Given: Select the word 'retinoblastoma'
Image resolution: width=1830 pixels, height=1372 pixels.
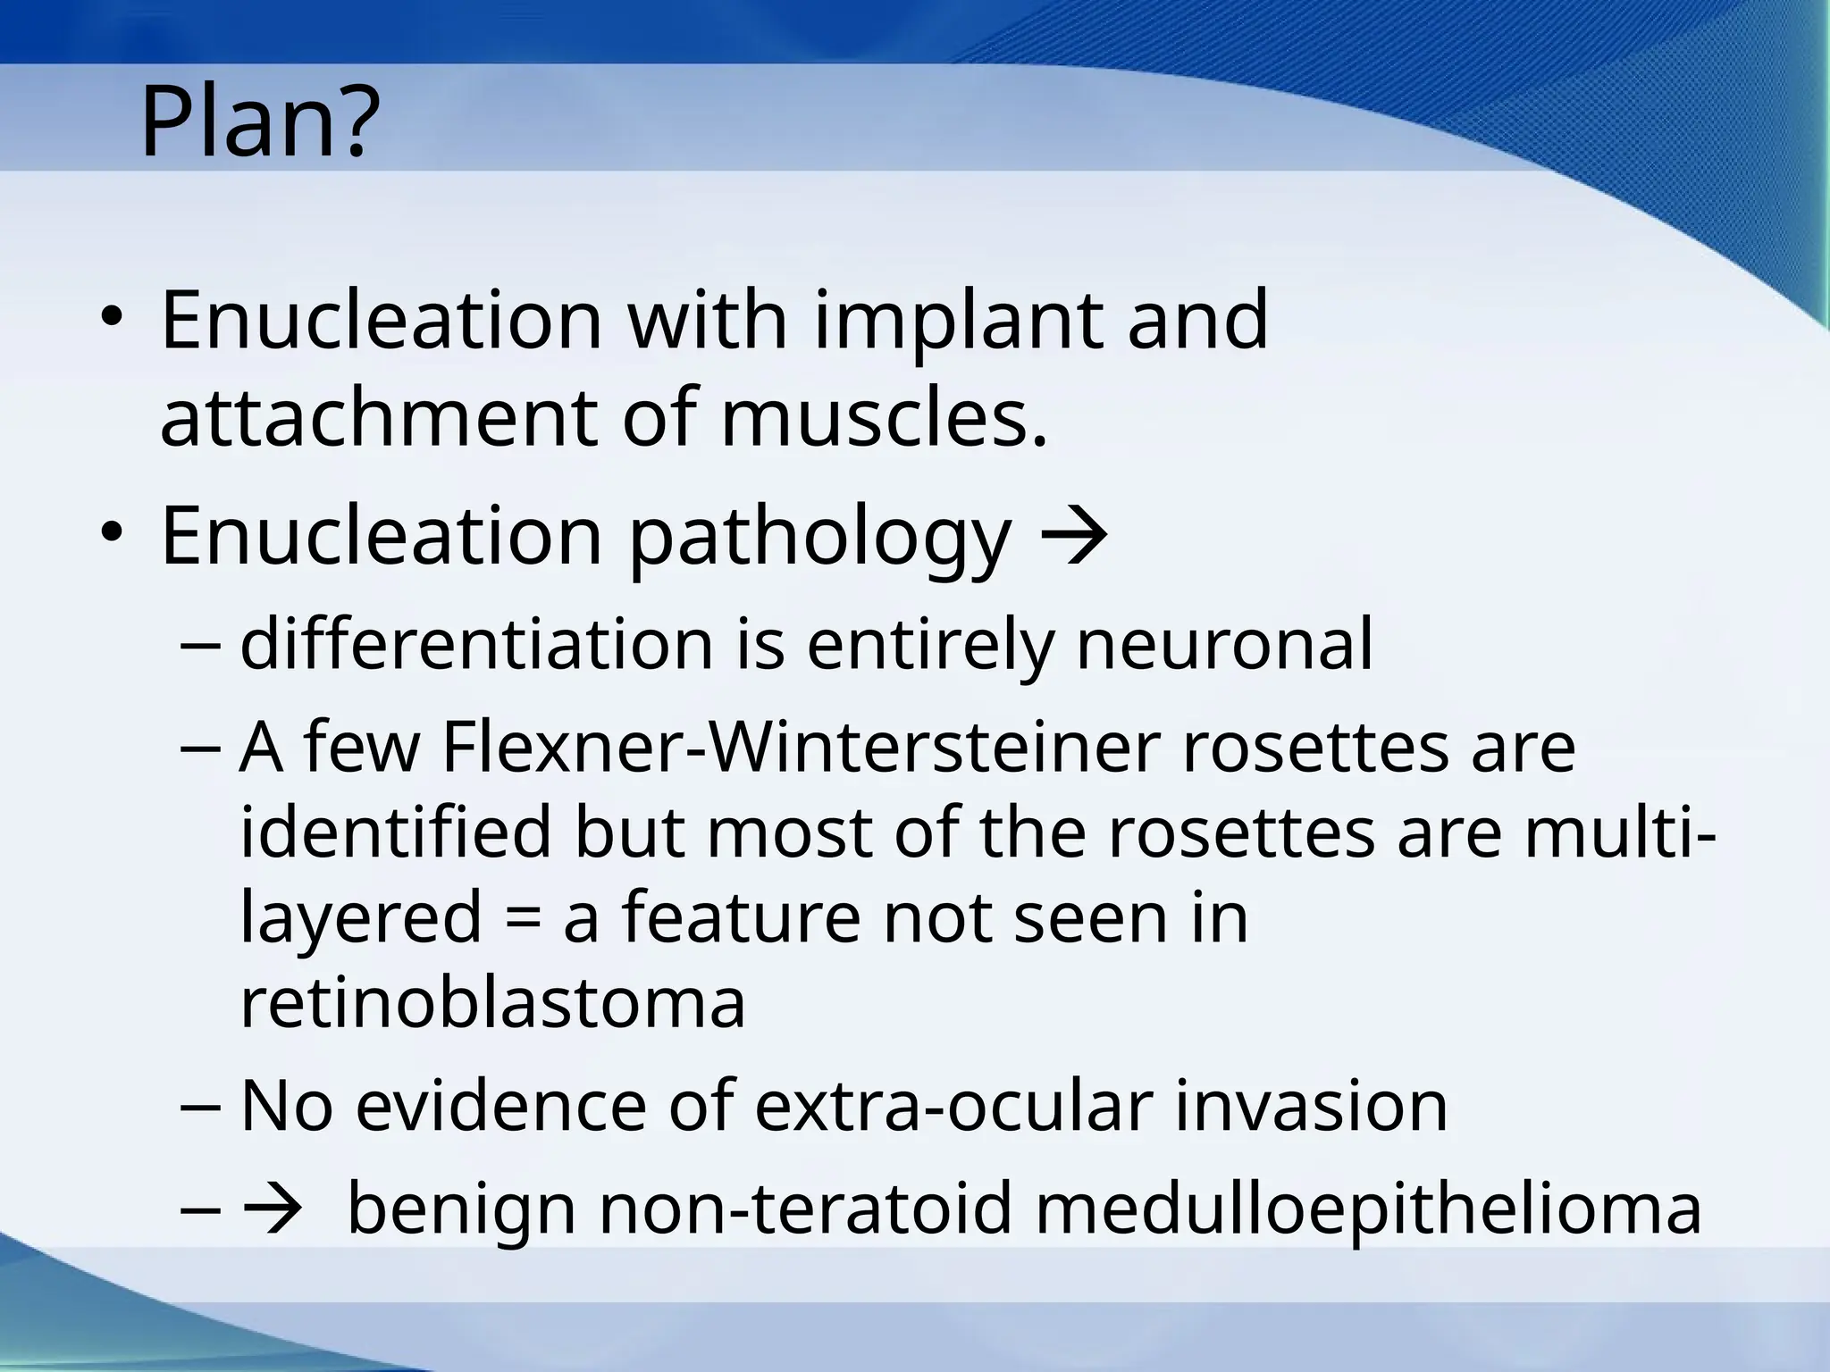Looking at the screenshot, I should [492, 1002].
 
